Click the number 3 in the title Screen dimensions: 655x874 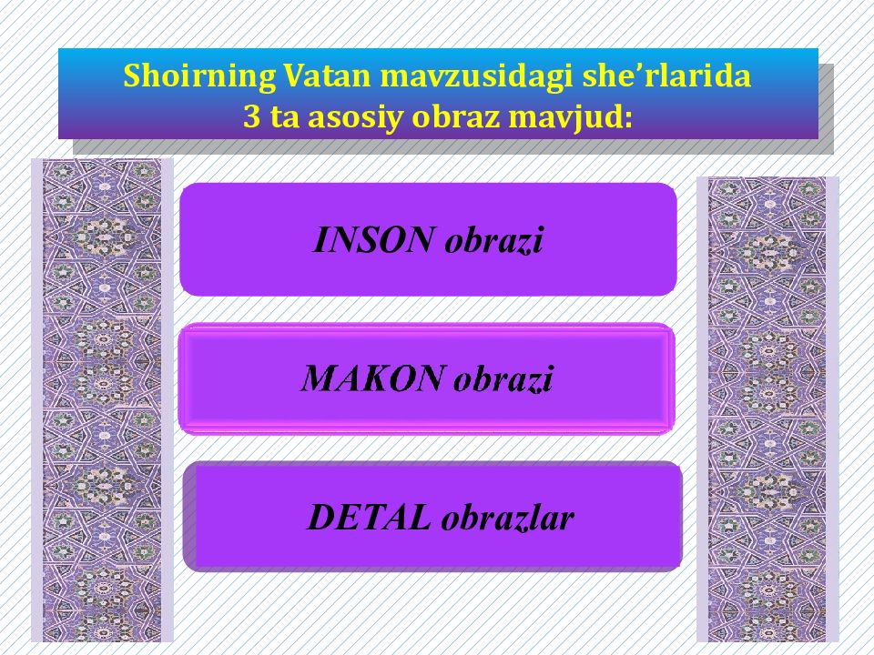click(x=251, y=117)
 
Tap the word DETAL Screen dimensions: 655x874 click(x=369, y=518)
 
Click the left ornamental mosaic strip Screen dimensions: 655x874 click(x=102, y=400)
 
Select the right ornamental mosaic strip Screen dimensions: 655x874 click(x=767, y=409)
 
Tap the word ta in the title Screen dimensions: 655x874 click(x=282, y=117)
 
